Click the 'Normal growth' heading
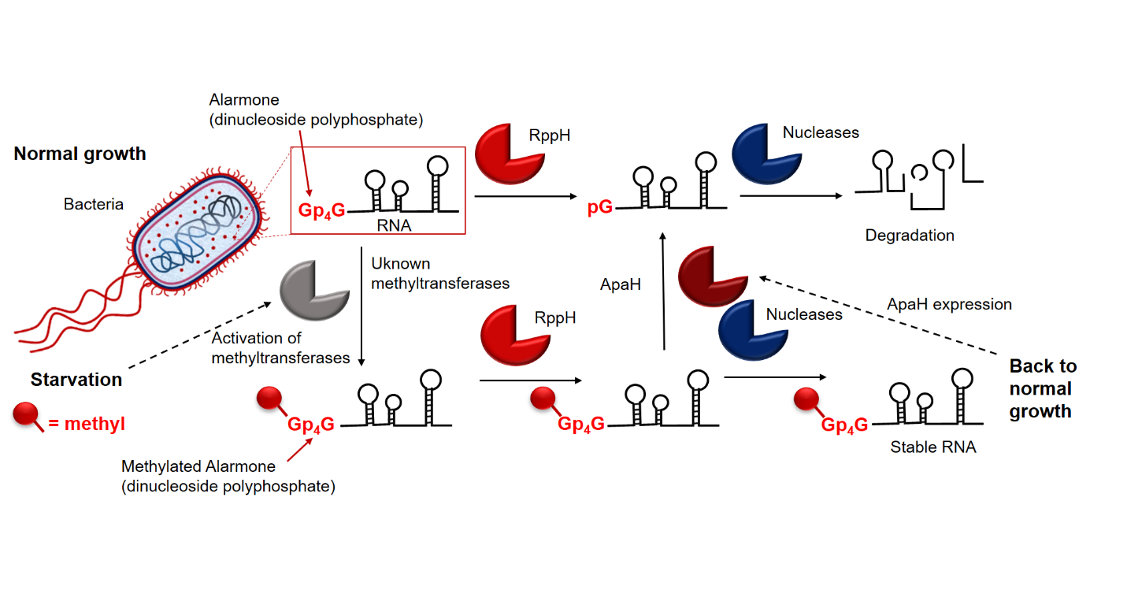pos(80,153)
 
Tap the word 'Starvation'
pos(76,380)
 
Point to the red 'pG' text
pos(600,209)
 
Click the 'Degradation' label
pos(909,236)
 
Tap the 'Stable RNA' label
pos(932,447)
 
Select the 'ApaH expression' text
pos(949,304)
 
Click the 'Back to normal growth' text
pos(1042,388)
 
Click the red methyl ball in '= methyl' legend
pos(25,413)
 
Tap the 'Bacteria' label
pos(94,204)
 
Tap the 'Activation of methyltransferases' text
pos(280,348)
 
